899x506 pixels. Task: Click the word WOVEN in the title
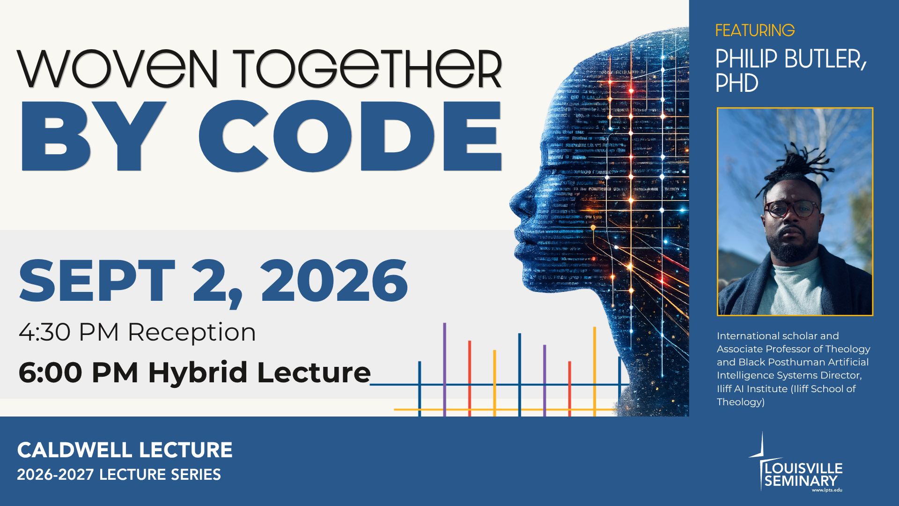click(118, 69)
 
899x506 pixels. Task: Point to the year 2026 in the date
click(334, 281)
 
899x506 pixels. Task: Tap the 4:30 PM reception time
click(68, 332)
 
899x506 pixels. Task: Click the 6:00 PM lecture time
click(78, 373)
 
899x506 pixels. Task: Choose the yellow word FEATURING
click(755, 30)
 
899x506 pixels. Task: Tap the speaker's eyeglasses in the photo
click(792, 209)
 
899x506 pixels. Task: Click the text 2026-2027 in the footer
click(55, 475)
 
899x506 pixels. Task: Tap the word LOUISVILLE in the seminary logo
click(803, 468)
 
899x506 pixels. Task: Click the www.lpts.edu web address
click(827, 490)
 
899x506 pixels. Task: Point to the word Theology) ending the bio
click(741, 402)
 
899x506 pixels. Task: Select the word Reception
click(192, 332)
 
